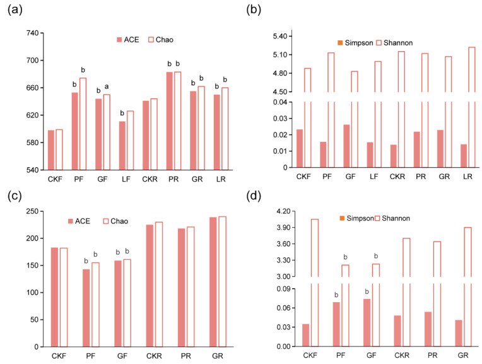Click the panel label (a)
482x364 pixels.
coord(15,10)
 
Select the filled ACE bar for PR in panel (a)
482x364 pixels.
coord(169,121)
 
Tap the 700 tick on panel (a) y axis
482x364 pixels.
coord(33,61)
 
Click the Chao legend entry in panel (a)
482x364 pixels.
coord(161,40)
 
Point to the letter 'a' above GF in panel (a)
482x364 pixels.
coord(107,86)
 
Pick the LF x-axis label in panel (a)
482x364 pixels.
coord(126,179)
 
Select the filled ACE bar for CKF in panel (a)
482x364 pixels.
coord(51,150)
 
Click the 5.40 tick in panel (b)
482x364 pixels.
coord(280,37)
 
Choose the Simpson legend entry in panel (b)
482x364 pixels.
coord(355,43)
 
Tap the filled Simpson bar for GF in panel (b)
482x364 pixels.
coord(346,146)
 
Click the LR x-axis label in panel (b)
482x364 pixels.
coord(467,177)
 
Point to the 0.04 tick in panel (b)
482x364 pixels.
coord(280,102)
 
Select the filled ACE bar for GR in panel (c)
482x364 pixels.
coord(213,282)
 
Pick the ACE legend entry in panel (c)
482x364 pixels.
coord(79,221)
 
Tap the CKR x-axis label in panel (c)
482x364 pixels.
coord(154,356)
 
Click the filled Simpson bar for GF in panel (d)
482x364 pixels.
coord(367,322)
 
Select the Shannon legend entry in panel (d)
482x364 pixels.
coord(393,218)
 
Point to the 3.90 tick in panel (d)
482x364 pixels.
coord(283,228)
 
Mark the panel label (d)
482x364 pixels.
coord(254,196)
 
